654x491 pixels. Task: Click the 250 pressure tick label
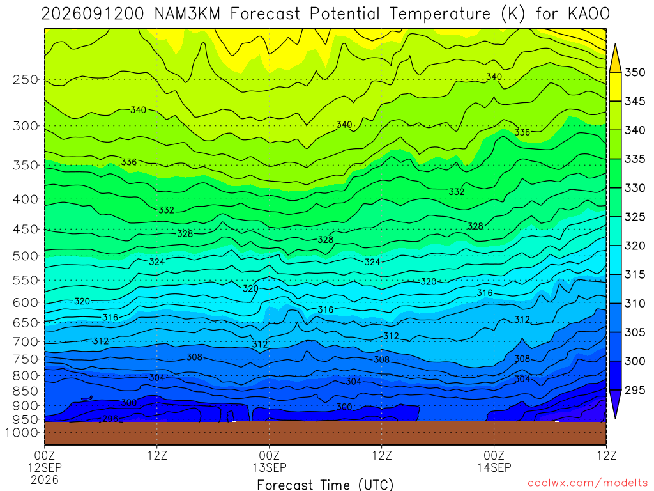point(26,79)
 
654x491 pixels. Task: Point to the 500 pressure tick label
point(26,256)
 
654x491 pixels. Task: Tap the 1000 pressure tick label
point(22,433)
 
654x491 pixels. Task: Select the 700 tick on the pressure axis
point(26,342)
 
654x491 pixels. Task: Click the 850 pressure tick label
point(26,391)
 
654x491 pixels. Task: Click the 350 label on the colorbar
point(635,72)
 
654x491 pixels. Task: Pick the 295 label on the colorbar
point(635,390)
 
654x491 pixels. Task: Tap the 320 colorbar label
point(635,245)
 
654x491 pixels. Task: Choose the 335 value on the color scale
point(635,159)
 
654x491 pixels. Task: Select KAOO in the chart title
point(588,14)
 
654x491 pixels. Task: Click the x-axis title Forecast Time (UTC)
point(325,485)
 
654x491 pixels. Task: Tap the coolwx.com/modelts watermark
point(588,483)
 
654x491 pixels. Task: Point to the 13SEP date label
point(270,467)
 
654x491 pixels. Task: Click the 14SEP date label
point(494,467)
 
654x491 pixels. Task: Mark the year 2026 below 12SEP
point(45,479)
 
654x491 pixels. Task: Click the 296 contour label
point(110,418)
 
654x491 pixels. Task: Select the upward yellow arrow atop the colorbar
point(615,58)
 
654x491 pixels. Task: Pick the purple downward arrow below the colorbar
point(615,405)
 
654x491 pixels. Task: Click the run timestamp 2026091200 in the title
point(93,14)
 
